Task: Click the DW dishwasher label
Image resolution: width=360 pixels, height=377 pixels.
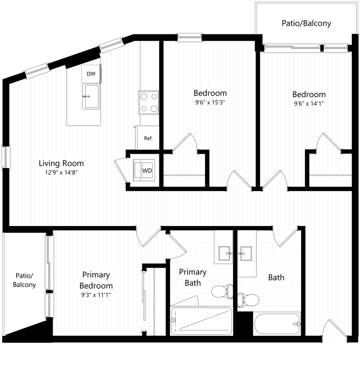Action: click(91, 74)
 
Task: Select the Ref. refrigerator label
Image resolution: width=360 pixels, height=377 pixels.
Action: click(148, 138)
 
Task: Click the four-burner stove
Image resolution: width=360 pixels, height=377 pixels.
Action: click(149, 102)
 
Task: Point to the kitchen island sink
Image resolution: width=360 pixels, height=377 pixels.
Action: click(91, 96)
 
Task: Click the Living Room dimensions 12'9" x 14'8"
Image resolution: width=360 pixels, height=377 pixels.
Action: click(61, 172)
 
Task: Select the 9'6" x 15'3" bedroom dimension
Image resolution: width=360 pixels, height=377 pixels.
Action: click(209, 102)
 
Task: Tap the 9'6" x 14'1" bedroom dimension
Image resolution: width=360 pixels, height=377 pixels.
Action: click(309, 103)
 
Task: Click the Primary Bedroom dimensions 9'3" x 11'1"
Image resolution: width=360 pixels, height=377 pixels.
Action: click(96, 294)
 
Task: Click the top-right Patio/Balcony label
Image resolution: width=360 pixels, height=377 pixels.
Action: click(306, 23)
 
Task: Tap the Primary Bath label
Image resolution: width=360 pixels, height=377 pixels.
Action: click(193, 277)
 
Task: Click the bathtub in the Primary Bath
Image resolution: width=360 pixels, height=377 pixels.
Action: click(201, 320)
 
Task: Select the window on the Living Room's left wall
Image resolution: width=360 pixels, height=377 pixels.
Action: click(5, 157)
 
